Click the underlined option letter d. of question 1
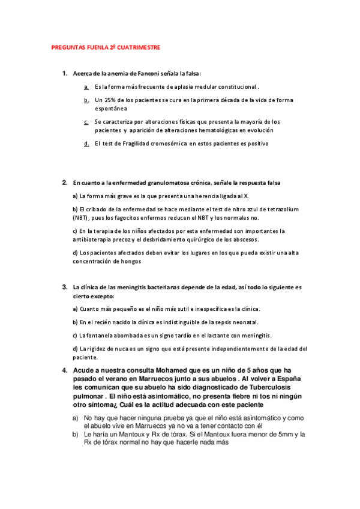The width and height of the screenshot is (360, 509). coord(86,143)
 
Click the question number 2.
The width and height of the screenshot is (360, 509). coord(64,182)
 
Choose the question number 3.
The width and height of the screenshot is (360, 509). coord(64,287)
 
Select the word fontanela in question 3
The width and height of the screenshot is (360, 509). coord(92,335)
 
